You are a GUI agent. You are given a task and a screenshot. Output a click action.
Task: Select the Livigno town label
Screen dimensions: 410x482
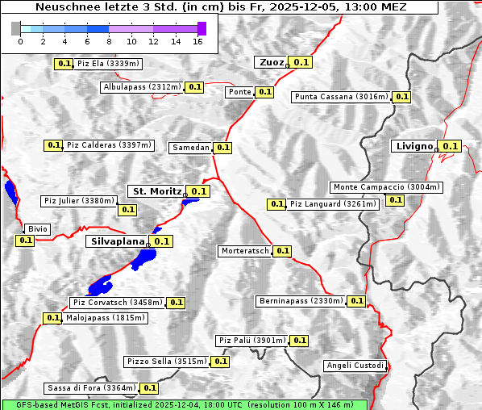[x=413, y=146]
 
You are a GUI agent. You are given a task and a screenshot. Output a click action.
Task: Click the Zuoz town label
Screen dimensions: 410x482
[x=270, y=62]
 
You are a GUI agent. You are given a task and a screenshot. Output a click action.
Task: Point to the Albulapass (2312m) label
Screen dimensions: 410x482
[x=142, y=87]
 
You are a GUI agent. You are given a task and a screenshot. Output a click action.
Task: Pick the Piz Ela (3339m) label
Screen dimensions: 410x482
[x=108, y=63]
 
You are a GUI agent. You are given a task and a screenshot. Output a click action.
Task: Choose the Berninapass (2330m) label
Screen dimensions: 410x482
[x=301, y=301]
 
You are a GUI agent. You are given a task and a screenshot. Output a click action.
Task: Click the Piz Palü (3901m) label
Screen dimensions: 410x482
[x=251, y=341]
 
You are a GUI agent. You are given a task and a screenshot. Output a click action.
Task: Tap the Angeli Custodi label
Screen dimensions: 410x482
[x=355, y=366]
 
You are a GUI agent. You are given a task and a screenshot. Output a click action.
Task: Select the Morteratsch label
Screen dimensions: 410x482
[x=245, y=251]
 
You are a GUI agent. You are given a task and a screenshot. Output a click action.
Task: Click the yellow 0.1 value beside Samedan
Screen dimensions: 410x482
[x=223, y=148]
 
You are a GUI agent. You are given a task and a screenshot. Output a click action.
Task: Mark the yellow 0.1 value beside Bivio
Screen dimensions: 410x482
[x=25, y=240]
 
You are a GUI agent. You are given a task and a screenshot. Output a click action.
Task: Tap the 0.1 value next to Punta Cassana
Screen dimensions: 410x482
[x=402, y=97]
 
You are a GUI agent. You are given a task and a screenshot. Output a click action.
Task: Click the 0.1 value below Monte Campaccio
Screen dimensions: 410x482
[x=395, y=200]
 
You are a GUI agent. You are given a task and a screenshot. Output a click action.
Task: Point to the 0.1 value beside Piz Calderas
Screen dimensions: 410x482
[x=54, y=145]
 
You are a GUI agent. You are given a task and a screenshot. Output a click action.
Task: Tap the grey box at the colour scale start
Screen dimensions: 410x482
[x=16, y=28]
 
